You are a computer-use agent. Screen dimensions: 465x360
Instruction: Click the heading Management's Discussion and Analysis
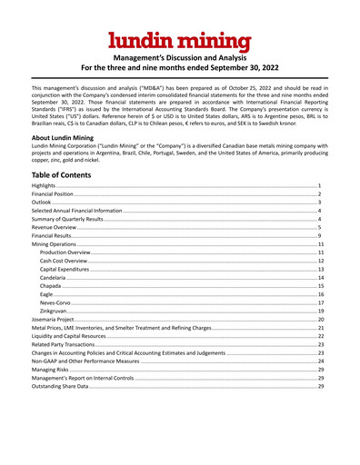point(180,57)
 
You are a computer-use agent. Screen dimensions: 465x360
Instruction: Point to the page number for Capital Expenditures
point(321,270)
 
